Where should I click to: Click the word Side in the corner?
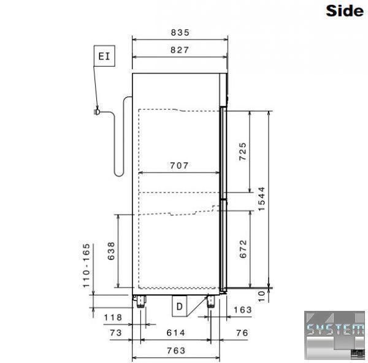pyautogui.click(x=345, y=11)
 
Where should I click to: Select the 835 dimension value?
pyautogui.click(x=180, y=32)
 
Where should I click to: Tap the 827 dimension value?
pyautogui.click(x=180, y=50)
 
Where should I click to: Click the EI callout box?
pyautogui.click(x=104, y=56)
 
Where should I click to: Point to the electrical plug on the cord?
pyautogui.click(x=97, y=112)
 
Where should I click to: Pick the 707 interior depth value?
pyautogui.click(x=179, y=166)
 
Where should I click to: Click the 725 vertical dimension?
pyautogui.click(x=243, y=151)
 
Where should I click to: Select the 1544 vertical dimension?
pyautogui.click(x=261, y=199)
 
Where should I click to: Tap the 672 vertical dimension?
pyautogui.click(x=243, y=249)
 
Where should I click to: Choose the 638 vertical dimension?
pyautogui.click(x=111, y=251)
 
